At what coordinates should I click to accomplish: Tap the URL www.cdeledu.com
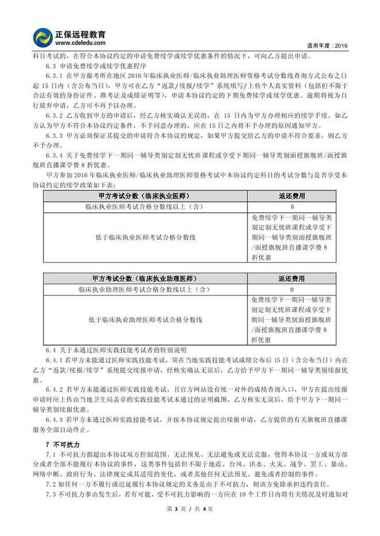coord(80,42)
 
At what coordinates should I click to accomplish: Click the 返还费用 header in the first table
coord(292,196)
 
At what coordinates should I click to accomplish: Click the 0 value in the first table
coord(292,206)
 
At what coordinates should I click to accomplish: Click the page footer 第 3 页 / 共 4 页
coord(189,525)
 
